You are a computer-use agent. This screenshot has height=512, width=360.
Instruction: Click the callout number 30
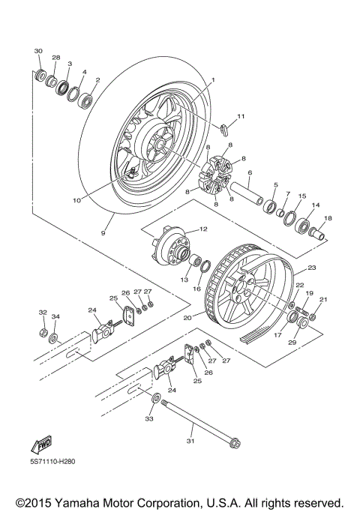[38, 50]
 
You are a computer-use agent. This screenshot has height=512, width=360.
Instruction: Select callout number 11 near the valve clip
[241, 116]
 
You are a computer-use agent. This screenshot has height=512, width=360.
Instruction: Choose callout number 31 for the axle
[190, 443]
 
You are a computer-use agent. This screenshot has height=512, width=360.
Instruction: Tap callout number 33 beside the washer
[148, 419]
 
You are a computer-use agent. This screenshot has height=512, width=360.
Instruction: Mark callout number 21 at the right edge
[323, 301]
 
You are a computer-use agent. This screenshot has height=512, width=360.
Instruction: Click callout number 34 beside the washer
[56, 316]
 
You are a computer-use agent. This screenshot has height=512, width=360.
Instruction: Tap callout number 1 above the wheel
[212, 79]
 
